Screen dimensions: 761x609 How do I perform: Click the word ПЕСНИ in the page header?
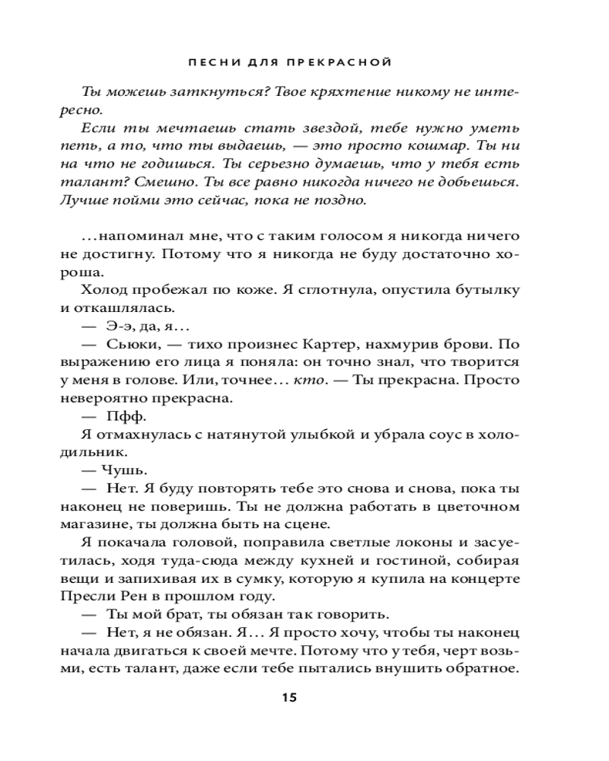pyautogui.click(x=211, y=60)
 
